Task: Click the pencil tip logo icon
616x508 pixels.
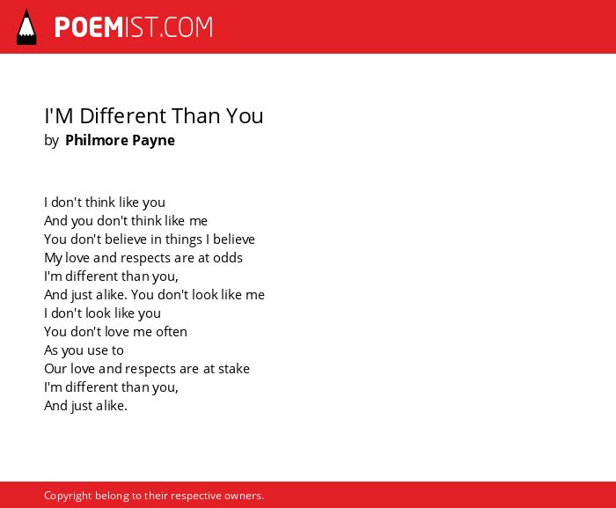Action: point(26,26)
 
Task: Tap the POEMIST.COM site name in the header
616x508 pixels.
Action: point(134,27)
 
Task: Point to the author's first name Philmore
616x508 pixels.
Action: point(96,140)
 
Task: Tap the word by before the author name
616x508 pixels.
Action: point(51,141)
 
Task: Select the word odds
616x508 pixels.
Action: point(228,258)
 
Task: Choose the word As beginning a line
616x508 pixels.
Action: point(51,350)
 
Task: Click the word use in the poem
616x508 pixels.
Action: point(97,351)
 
